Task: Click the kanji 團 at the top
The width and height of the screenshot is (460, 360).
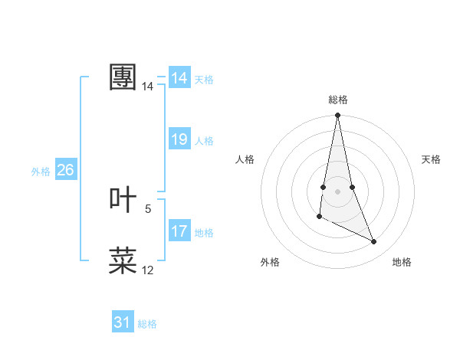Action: [123, 77]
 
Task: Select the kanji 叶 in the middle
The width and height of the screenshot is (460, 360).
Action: [123, 200]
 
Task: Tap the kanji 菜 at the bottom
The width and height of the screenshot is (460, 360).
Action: [123, 261]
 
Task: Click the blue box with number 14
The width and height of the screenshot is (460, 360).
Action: [179, 78]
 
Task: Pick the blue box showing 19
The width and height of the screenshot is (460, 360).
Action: [179, 139]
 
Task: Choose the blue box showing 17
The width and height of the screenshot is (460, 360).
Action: [179, 231]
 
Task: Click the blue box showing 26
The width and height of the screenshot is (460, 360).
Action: [65, 170]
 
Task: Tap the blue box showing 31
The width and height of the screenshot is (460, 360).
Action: [123, 322]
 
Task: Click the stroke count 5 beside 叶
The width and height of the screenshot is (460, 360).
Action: [148, 208]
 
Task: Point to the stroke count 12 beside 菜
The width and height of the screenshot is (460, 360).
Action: [148, 270]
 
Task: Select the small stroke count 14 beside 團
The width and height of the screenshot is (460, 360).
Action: [148, 87]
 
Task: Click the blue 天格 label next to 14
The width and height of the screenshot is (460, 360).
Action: [204, 80]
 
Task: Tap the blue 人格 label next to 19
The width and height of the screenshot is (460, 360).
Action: [204, 141]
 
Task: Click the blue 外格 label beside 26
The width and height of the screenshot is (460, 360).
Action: [41, 172]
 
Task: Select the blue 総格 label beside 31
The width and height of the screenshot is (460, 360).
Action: [147, 324]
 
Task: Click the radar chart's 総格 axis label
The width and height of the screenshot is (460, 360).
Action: [338, 100]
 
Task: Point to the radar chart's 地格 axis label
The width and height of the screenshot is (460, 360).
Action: [402, 262]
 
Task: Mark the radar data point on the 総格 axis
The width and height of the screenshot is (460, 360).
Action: [337, 116]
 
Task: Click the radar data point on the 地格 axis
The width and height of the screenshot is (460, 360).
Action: [374, 242]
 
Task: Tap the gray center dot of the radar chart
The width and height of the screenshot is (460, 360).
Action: [337, 191]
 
